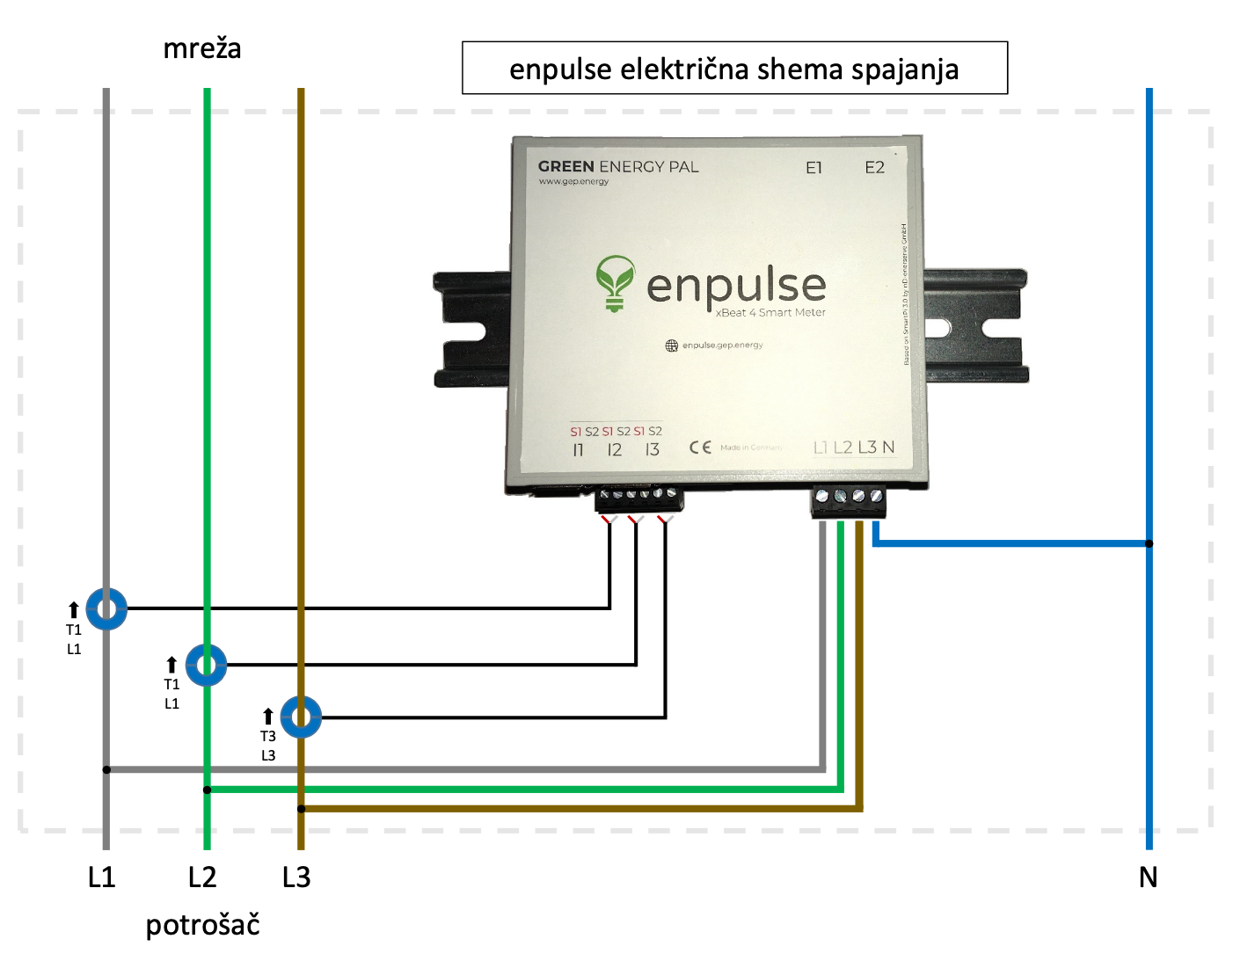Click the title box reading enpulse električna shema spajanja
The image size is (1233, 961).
pyautogui.click(x=734, y=69)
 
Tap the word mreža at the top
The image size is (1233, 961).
pyautogui.click(x=202, y=48)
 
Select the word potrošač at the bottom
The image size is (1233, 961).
pyautogui.click(x=202, y=925)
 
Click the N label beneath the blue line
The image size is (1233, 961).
pyautogui.click(x=1148, y=877)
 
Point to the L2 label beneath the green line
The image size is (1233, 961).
pyautogui.click(x=202, y=877)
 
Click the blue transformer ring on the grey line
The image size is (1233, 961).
pyautogui.click(x=106, y=608)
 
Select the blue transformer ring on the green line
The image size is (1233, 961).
pyautogui.click(x=207, y=665)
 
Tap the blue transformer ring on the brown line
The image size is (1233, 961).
pyautogui.click(x=301, y=717)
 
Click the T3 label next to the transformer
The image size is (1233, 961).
pyautogui.click(x=268, y=737)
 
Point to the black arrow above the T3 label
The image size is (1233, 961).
pyautogui.click(x=268, y=717)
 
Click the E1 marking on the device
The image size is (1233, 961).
pyautogui.click(x=814, y=168)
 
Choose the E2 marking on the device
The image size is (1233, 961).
pyautogui.click(x=874, y=168)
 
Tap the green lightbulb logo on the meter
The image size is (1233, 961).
pyautogui.click(x=615, y=282)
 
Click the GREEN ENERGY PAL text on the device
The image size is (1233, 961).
pyautogui.click(x=618, y=167)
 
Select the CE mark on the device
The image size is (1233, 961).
pyautogui.click(x=700, y=448)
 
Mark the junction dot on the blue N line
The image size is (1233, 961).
pyautogui.click(x=1149, y=543)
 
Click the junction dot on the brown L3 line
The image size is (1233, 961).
pyautogui.click(x=301, y=809)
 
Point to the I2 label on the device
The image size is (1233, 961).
pyautogui.click(x=614, y=450)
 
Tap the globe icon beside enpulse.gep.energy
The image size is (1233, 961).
pyautogui.click(x=672, y=346)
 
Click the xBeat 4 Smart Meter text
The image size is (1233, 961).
pyautogui.click(x=770, y=313)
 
